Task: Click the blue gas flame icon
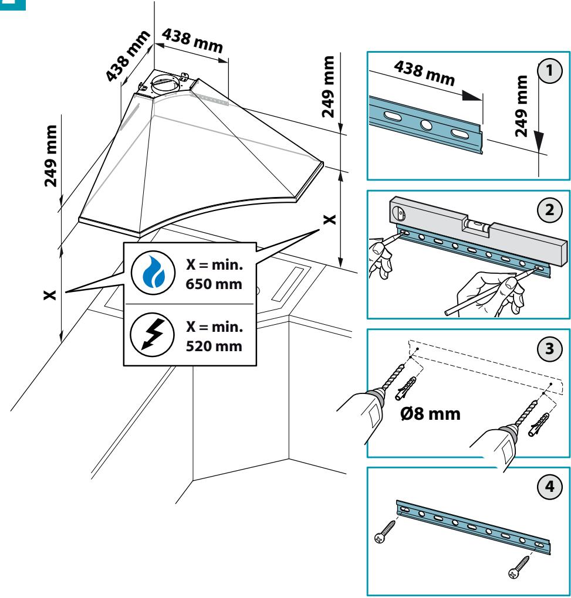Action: pyautogui.click(x=153, y=273)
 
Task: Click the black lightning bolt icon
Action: pyautogui.click(x=153, y=334)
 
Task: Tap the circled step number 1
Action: pyautogui.click(x=550, y=71)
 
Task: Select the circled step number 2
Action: pyautogui.click(x=550, y=210)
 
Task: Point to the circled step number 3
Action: pyautogui.click(x=550, y=349)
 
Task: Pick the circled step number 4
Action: pyautogui.click(x=550, y=486)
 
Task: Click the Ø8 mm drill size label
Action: pyautogui.click(x=431, y=414)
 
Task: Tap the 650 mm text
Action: pyautogui.click(x=214, y=284)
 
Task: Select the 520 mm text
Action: pyautogui.click(x=214, y=346)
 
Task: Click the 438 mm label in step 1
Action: pyautogui.click(x=424, y=73)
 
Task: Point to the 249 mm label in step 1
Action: pyautogui.click(x=521, y=106)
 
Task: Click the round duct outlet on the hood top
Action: pyautogui.click(x=164, y=84)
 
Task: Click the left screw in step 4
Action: pyautogui.click(x=385, y=532)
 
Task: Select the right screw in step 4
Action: pyautogui.click(x=519, y=567)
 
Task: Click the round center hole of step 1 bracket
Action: pyautogui.click(x=426, y=125)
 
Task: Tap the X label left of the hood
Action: pyautogui.click(x=50, y=295)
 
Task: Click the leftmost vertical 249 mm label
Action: pyautogui.click(x=51, y=156)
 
